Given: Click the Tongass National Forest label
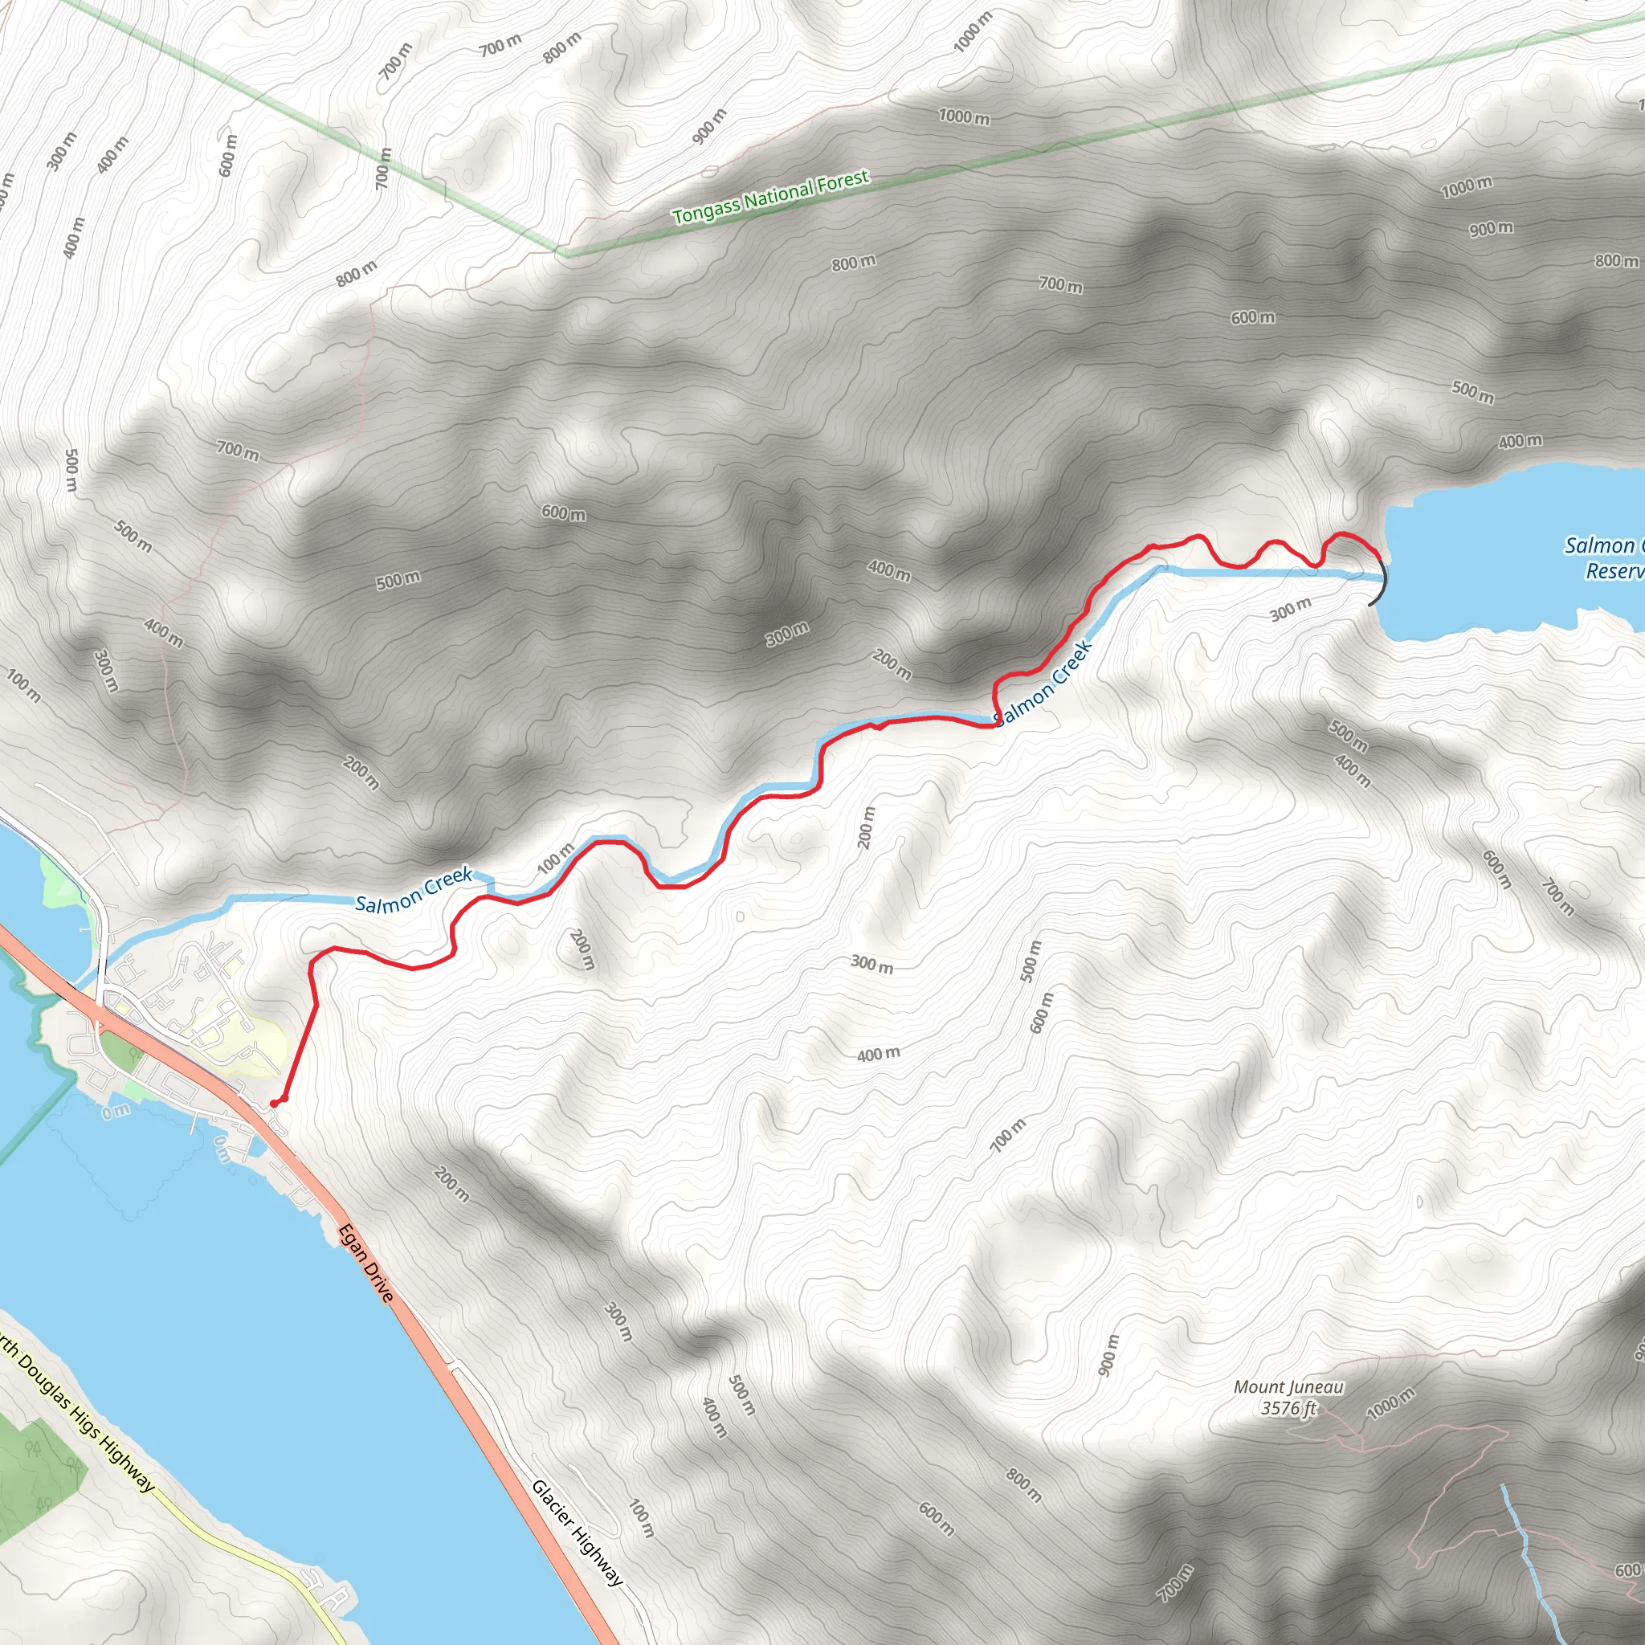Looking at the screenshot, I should pyautogui.click(x=770, y=197).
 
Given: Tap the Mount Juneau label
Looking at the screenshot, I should pyautogui.click(x=1288, y=1387).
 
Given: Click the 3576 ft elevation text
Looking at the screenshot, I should pyautogui.click(x=1288, y=1408).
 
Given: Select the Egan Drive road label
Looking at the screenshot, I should pyautogui.click(x=366, y=1263).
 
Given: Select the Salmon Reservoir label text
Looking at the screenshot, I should pyautogui.click(x=1605, y=557).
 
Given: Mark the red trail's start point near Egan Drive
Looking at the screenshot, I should pyautogui.click(x=274, y=1104).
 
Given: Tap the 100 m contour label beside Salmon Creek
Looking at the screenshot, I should pyautogui.click(x=555, y=859).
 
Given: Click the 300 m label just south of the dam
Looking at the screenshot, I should pyautogui.click(x=1291, y=609).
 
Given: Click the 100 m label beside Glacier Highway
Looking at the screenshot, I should pyautogui.click(x=641, y=1519).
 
